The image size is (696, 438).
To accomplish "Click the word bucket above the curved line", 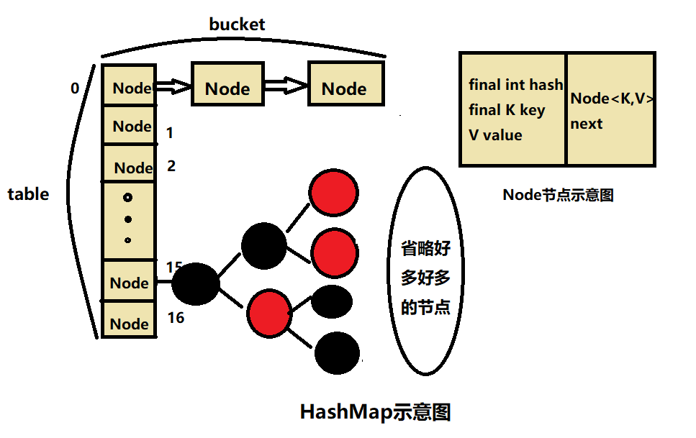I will [237, 24].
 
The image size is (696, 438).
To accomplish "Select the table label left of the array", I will [28, 194].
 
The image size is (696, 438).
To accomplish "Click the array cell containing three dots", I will [128, 219].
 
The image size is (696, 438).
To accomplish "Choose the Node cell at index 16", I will [128, 322].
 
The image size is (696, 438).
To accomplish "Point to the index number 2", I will [171, 166].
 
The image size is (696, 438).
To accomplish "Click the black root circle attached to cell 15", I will [196, 283].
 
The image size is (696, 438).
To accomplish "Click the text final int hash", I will [515, 85].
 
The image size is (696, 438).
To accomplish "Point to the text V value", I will [495, 135].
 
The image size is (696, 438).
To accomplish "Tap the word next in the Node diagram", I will [587, 124].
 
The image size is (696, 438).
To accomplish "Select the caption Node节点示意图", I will [558, 194].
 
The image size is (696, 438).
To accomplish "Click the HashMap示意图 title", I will [375, 412].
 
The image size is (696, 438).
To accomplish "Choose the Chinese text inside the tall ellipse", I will [425, 278].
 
